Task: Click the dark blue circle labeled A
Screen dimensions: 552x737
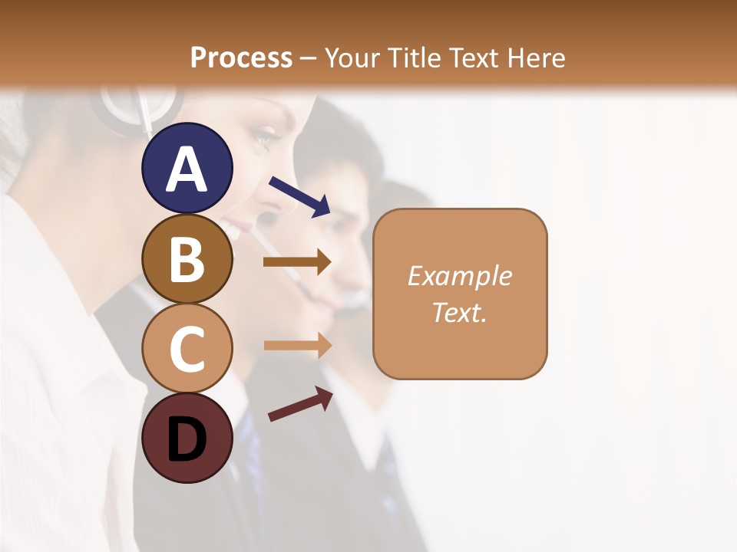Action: tap(187, 168)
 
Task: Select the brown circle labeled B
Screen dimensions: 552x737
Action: tap(187, 258)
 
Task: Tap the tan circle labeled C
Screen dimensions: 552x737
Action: tap(187, 349)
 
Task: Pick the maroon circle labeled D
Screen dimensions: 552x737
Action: tap(187, 439)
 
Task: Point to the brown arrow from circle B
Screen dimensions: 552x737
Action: tap(297, 261)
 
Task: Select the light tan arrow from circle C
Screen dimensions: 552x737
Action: tap(297, 345)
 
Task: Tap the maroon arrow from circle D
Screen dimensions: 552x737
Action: tap(300, 404)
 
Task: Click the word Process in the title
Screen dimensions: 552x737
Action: tap(241, 58)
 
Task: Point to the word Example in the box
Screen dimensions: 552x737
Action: tap(459, 276)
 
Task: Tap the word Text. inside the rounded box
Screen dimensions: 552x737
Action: tap(459, 312)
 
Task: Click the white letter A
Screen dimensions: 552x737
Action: tap(187, 169)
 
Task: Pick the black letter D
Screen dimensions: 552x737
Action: tap(187, 440)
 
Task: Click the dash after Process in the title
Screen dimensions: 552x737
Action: tap(309, 58)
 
